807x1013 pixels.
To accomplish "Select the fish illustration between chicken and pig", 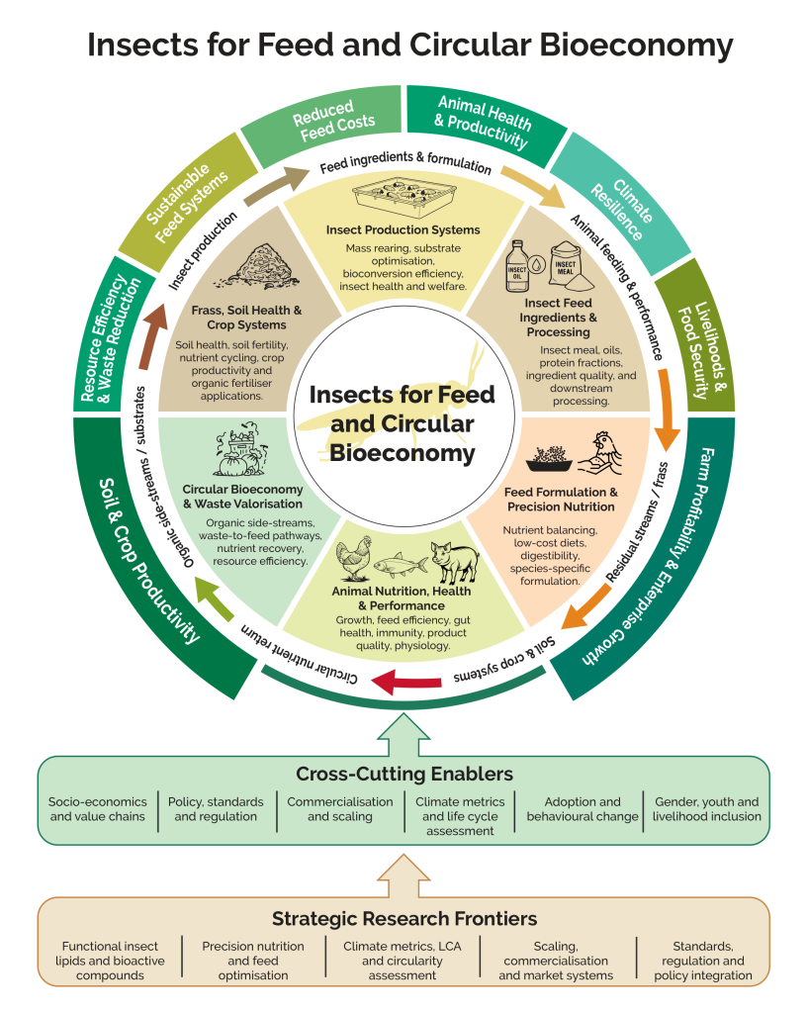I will [x=401, y=565].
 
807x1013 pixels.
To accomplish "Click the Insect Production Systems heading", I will [x=403, y=230].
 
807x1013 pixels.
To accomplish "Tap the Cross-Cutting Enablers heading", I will [x=403, y=773].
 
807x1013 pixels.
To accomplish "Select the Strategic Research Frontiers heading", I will [x=403, y=917].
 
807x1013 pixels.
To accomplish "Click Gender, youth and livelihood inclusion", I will [x=707, y=809].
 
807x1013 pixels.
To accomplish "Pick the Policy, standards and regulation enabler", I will [x=216, y=809].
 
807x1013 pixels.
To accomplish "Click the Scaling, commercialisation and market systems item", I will [x=556, y=961].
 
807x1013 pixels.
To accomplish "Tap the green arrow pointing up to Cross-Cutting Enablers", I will [x=403, y=734].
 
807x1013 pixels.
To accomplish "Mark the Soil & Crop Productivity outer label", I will [x=149, y=560].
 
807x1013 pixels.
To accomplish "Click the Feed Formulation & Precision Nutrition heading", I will [x=560, y=500].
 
